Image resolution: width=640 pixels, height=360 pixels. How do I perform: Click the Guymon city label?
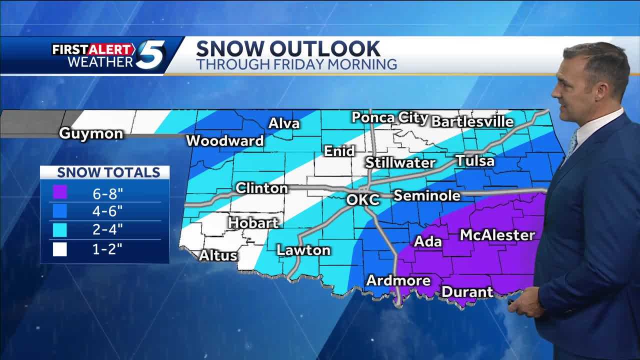click(x=90, y=134)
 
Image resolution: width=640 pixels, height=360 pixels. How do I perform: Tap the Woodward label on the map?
click(x=224, y=141)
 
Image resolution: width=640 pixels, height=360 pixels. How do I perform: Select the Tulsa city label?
click(x=474, y=161)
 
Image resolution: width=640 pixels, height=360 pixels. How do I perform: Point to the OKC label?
click(x=363, y=199)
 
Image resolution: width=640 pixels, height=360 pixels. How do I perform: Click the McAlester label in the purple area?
click(x=497, y=235)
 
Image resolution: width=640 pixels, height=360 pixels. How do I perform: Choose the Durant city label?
click(x=467, y=291)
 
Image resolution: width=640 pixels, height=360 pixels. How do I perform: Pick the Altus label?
click(x=218, y=255)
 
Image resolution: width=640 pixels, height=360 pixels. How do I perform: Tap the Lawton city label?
click(x=303, y=250)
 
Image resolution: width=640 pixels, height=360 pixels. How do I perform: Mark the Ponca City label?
click(x=389, y=117)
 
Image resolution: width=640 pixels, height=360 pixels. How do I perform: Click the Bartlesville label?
click(x=472, y=121)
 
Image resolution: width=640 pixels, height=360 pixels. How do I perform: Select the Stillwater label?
click(x=400, y=162)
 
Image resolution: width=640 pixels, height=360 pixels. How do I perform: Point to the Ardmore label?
click(x=398, y=280)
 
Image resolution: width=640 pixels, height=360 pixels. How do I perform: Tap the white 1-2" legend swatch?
click(x=60, y=248)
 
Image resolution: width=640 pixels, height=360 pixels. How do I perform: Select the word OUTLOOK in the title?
click(x=325, y=49)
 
